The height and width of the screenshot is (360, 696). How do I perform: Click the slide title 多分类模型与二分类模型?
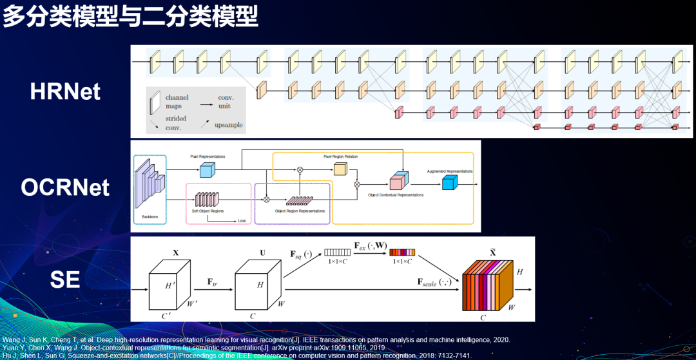pyautogui.click(x=130, y=16)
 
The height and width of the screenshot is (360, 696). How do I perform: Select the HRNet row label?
pyautogui.click(x=65, y=91)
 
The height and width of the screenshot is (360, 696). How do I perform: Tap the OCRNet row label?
pyautogui.click(x=65, y=187)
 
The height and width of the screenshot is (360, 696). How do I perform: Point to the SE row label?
pyautogui.click(x=65, y=279)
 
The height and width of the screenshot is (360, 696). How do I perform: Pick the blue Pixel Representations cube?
pyautogui.click(x=206, y=169)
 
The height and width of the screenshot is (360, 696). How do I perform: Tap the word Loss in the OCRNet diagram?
pyautogui.click(x=242, y=221)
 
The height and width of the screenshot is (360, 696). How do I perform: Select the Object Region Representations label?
pyautogui.click(x=299, y=211)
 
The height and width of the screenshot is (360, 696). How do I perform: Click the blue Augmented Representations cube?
pyautogui.click(x=449, y=183)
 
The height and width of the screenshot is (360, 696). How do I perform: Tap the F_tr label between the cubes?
pyautogui.click(x=213, y=282)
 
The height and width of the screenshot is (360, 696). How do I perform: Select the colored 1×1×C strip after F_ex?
pyautogui.click(x=401, y=252)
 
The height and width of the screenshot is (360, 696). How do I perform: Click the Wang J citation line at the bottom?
pyautogui.click(x=256, y=339)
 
